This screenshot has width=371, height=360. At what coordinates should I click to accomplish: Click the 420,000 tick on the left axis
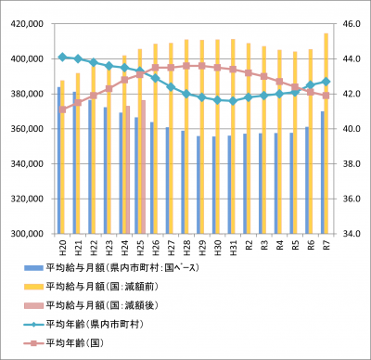point(29,23)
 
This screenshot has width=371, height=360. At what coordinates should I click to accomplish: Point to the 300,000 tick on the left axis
point(29,234)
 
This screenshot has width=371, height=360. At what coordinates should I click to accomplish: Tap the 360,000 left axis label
point(29,129)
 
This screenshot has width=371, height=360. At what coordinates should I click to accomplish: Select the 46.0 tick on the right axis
point(348,23)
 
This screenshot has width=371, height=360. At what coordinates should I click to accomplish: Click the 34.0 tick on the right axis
point(348,234)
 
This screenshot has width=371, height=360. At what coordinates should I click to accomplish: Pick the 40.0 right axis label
point(348,129)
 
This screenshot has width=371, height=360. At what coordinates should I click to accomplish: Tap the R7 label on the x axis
point(325,248)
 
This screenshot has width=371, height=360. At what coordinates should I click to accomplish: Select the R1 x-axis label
point(247,248)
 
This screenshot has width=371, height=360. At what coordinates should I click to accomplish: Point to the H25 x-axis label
point(139,249)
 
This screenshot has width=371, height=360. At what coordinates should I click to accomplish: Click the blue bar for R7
point(322,173)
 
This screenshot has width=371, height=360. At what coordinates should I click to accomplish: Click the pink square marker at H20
point(62,109)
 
